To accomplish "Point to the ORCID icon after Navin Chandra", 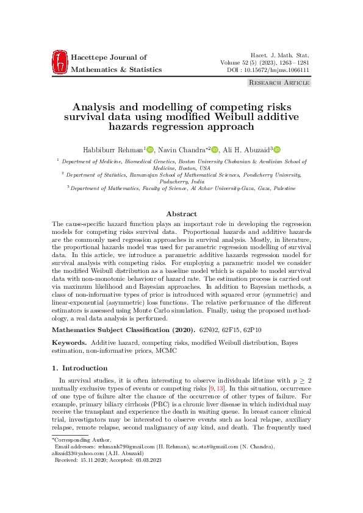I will coord(215,149).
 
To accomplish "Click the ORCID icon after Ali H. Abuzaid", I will coord(276,149).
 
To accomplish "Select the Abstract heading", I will coord(181,214).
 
